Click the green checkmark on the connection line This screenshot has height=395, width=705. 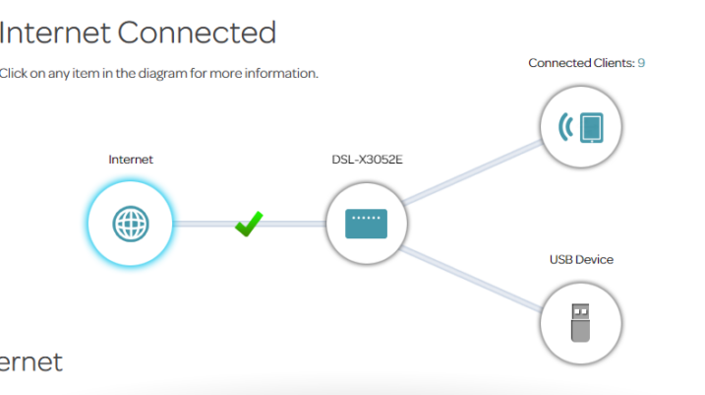pos(249,225)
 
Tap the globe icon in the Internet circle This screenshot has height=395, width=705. pos(130,224)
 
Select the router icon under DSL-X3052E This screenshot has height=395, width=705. pos(367,224)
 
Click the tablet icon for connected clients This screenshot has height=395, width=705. pos(590,126)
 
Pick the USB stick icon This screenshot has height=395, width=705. pos(581,322)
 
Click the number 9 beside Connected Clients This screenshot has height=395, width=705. pos(641,63)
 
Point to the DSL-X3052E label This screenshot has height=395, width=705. pos(367,159)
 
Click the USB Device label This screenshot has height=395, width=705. pos(581,260)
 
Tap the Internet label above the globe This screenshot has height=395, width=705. pos(131,159)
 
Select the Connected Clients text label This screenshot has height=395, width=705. pos(580,63)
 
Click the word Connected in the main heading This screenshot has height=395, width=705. pos(197,33)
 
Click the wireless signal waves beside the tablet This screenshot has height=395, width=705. pos(565,126)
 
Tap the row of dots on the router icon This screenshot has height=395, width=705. pos(367,217)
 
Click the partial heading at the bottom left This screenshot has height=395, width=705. pos(29,362)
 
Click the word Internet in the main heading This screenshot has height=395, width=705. pos(54,33)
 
